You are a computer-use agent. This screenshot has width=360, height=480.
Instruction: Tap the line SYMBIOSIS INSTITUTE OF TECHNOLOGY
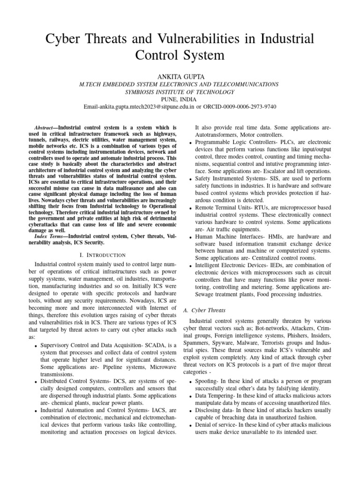180,92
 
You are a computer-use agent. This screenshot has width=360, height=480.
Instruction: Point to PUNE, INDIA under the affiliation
180,99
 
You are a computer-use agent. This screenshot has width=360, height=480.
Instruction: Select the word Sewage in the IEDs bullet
206,294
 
